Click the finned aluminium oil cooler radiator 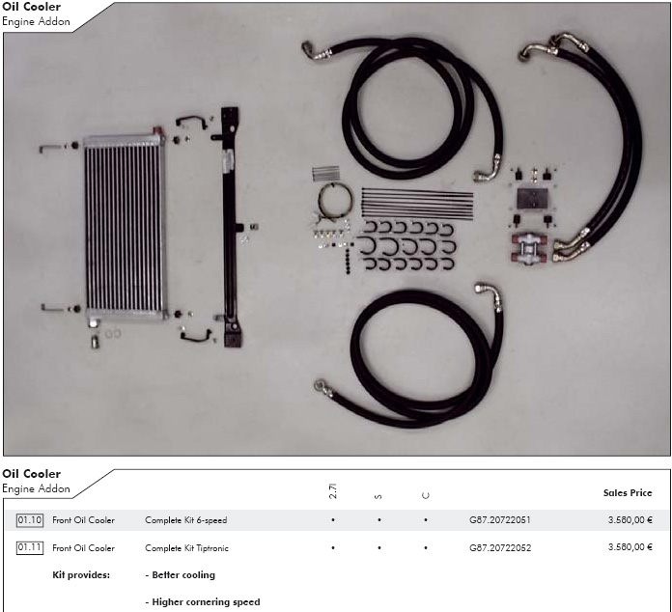pos(125,227)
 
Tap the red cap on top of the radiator pos(157,130)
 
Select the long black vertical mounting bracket pos(231,227)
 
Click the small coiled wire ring pos(335,201)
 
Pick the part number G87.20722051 pos(500,520)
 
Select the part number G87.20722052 pos(500,547)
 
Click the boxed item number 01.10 pos(30,520)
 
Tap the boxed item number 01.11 pos(30,547)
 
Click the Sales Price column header pos(628,493)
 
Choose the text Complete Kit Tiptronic pos(187,548)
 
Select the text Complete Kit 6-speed pos(186,520)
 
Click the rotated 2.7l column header pos(333,491)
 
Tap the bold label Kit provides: pos(81,575)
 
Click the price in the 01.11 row pos(630,547)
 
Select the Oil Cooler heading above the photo pos(31,7)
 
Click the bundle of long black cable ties pos(417,203)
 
